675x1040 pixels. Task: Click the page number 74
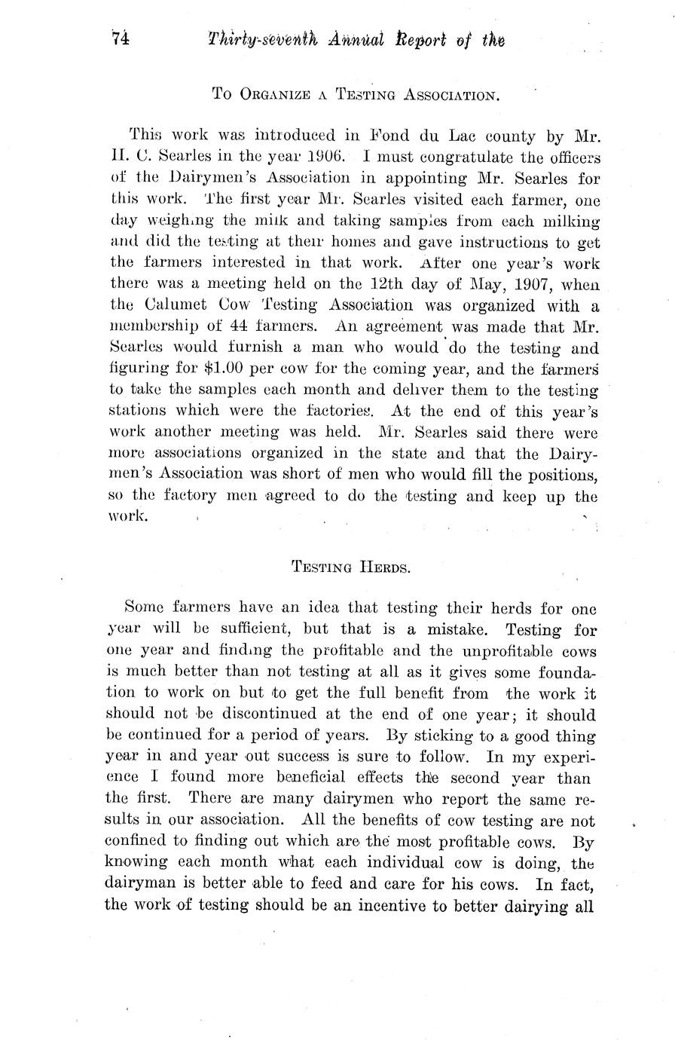coord(121,38)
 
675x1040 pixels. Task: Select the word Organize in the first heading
coord(279,94)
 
